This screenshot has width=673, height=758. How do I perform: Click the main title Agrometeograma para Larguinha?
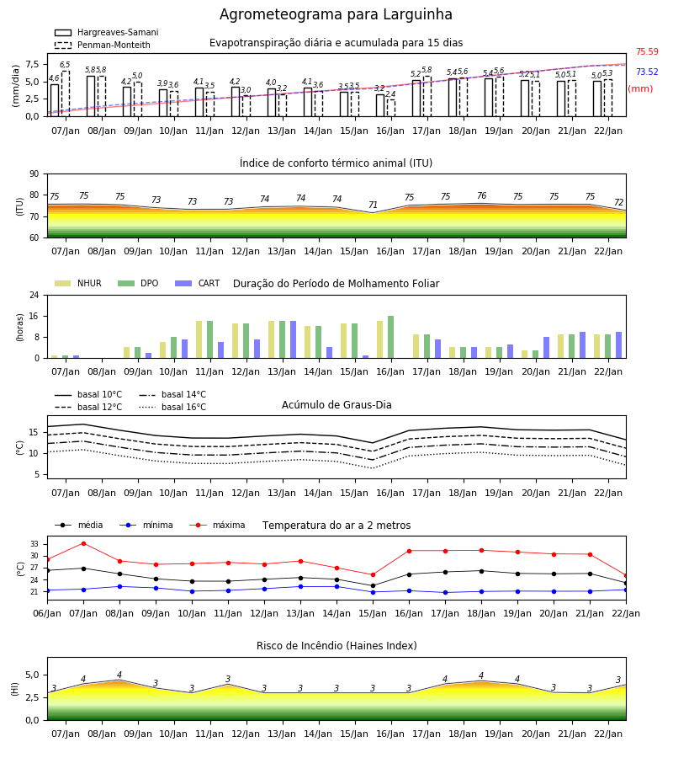pos(336,14)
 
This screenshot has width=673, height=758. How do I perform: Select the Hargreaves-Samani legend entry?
pos(106,32)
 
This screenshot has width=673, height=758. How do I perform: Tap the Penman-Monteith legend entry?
pos(103,45)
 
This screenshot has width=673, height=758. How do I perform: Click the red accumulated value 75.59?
pos(647,51)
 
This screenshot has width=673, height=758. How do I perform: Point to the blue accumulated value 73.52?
pos(647,72)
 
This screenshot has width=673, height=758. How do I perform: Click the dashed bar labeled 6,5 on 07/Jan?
pos(65,93)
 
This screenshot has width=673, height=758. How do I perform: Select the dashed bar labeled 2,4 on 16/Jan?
pos(391,108)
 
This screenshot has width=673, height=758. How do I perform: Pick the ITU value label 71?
pos(373,205)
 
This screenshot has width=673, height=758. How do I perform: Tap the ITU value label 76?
pos(481,195)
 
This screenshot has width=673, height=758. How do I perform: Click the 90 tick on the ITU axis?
pos(34,174)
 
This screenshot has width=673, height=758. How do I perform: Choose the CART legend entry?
pos(197,283)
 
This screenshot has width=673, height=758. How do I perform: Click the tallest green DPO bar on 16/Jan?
pos(390,337)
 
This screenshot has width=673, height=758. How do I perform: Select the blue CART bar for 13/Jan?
pos(293,340)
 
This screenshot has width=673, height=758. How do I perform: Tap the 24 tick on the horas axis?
pos(34,295)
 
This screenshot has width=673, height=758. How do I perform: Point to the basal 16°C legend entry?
pos(172,407)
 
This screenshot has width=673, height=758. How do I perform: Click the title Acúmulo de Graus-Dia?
pos(336,404)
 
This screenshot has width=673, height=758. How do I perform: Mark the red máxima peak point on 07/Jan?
pos(83,543)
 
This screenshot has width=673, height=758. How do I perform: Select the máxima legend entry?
pos(217,525)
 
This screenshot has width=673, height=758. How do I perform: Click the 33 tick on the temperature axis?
pos(34,544)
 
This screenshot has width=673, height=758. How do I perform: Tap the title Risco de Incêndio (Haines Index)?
pos(336,646)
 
